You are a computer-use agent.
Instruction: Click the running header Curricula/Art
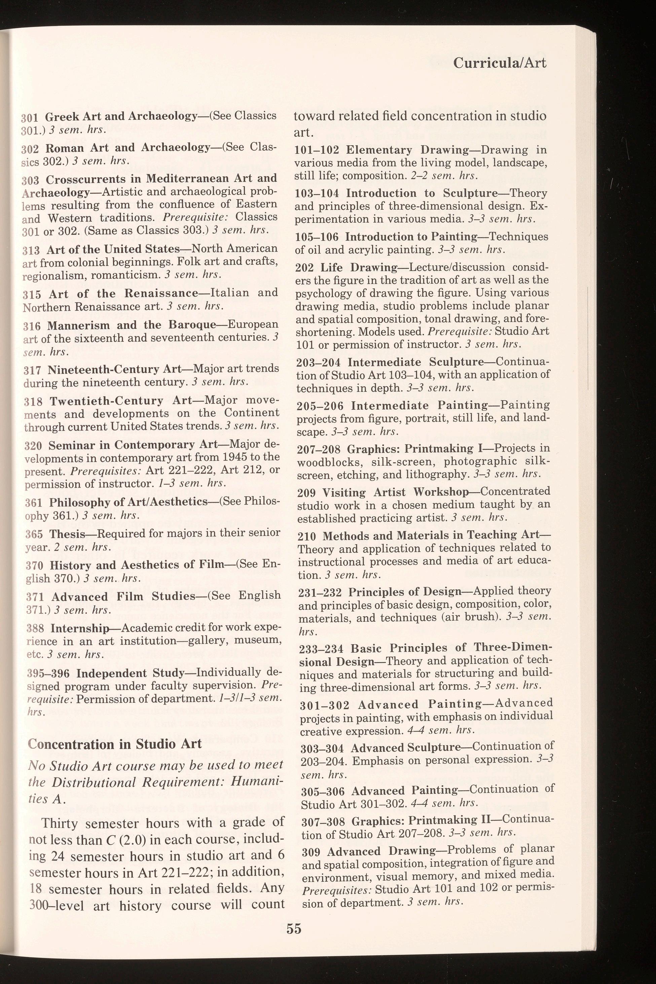(500, 63)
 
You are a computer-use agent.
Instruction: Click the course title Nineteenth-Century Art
(114, 369)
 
